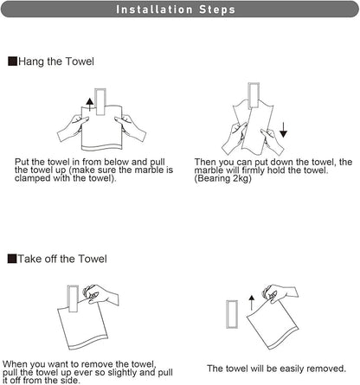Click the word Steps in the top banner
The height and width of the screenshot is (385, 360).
pos(217,10)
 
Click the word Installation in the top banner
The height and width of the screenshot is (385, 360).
pos(154,10)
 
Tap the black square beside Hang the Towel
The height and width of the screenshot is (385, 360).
pos(12,61)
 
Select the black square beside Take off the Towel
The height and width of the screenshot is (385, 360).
pos(12,259)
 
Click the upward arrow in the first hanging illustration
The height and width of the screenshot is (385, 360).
pos(90,105)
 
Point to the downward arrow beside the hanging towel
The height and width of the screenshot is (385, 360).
pos(283,130)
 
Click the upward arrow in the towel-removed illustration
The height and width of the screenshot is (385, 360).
pos(252,303)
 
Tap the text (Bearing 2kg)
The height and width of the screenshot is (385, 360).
pos(222,178)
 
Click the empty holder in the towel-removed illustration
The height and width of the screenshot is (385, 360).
pos(232,314)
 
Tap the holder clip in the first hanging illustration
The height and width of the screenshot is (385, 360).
pos(100,101)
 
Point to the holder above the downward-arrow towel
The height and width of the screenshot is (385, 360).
pos(254,96)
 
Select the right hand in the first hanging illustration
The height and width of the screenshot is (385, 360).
pos(131,127)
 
